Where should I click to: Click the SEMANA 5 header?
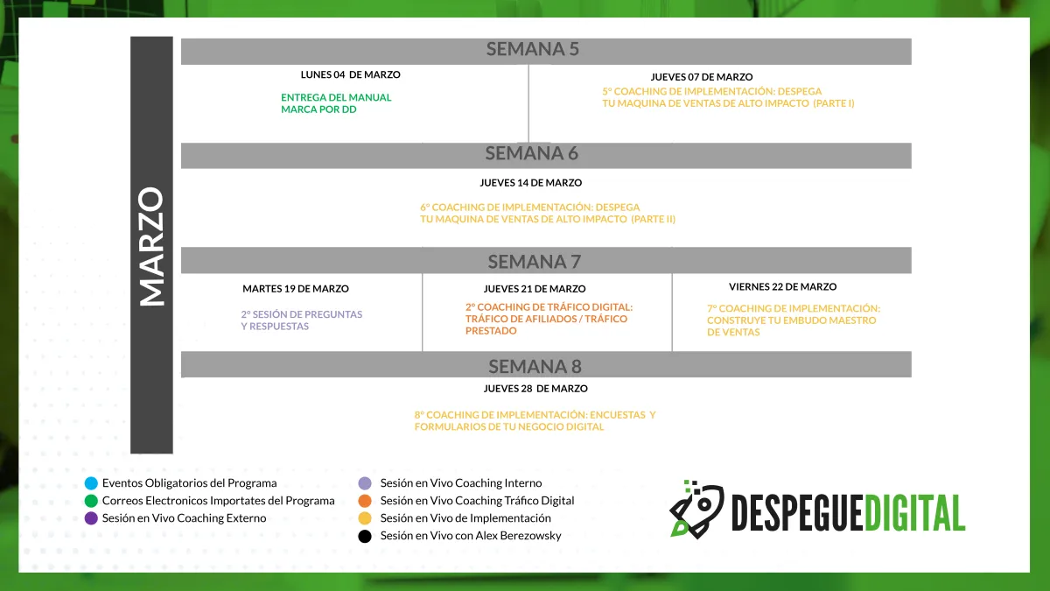point(533,49)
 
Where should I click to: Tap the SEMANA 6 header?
point(532,153)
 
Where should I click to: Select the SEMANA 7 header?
point(535,262)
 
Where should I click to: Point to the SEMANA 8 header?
point(535,366)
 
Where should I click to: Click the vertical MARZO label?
point(151,246)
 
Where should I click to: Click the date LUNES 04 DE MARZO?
point(351,74)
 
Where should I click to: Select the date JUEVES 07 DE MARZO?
point(702,77)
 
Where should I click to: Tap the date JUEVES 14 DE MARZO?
point(530,183)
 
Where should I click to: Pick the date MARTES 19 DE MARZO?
point(296,289)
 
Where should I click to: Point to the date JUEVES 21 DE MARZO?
point(535,289)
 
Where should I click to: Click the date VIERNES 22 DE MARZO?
point(783,286)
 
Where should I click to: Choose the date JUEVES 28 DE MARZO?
point(535,389)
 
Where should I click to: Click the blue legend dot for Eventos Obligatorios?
point(91,483)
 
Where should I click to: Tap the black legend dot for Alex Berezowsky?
point(365,536)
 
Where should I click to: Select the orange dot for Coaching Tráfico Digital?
point(365,501)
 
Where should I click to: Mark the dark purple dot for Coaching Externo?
point(91,518)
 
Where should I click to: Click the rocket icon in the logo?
point(696,510)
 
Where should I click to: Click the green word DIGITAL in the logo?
point(914,513)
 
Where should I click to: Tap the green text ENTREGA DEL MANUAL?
point(336,97)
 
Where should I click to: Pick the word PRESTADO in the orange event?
point(491,331)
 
